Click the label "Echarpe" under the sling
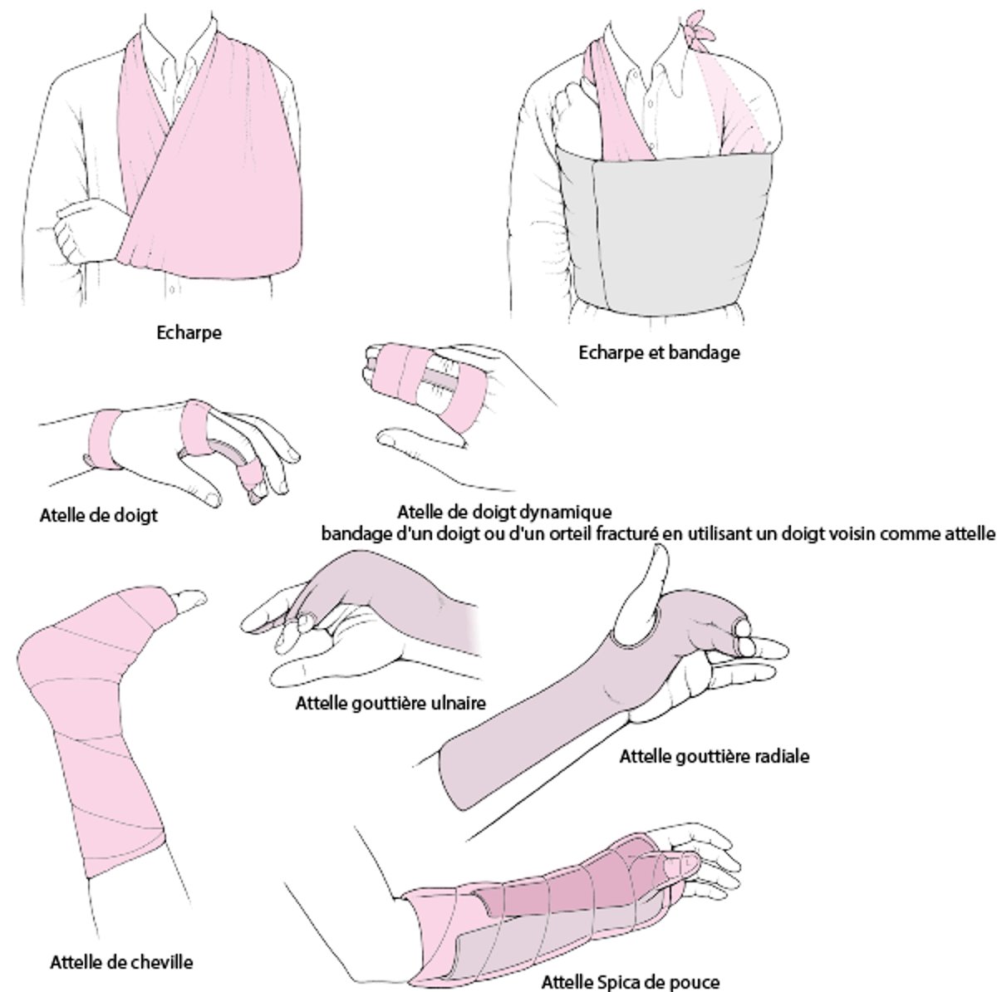tap(189, 333)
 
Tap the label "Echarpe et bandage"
tap(658, 352)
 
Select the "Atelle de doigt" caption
tap(98, 516)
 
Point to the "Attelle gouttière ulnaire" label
tap(390, 704)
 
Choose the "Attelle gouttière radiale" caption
tap(714, 757)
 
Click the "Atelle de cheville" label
tap(121, 963)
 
